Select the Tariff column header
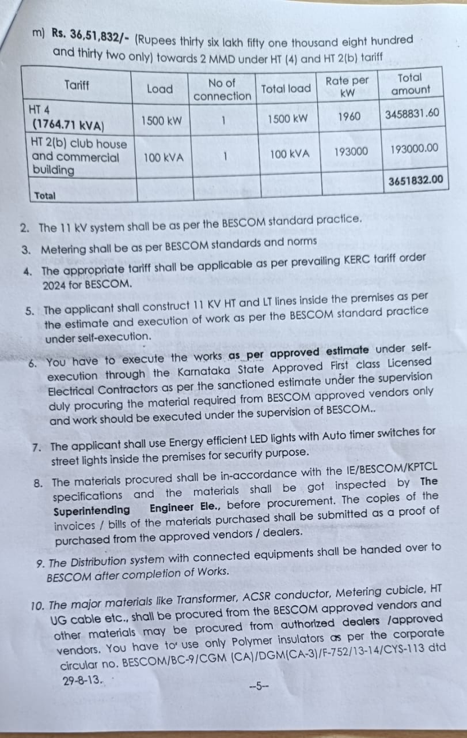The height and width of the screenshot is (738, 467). (x=77, y=85)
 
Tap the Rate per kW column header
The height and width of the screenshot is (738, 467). (x=347, y=85)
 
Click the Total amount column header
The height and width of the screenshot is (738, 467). (x=410, y=84)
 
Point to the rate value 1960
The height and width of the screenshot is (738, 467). (x=349, y=117)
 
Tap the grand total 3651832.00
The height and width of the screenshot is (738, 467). (x=416, y=180)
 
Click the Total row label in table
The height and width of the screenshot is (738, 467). (x=45, y=196)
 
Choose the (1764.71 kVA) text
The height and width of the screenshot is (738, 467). (x=68, y=123)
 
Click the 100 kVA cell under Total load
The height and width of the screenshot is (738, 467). (x=289, y=154)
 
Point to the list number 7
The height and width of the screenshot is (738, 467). (x=37, y=448)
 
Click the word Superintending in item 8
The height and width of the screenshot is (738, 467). (x=92, y=510)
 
